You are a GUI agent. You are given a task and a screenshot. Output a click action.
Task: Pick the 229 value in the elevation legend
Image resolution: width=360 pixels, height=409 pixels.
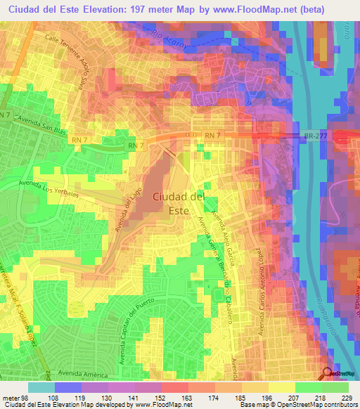[346, 397]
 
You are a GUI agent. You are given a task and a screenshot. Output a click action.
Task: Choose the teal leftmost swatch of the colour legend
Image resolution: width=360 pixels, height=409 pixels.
[41, 387]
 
